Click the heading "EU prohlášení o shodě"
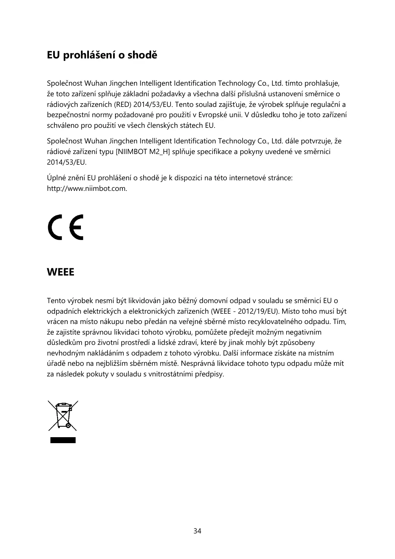coord(102,55)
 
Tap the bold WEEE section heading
coord(61,272)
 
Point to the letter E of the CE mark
coord(76,227)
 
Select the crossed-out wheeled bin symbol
coord(63,416)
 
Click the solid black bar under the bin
coord(63,440)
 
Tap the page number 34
coord(197,531)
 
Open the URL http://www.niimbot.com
coord(87,189)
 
